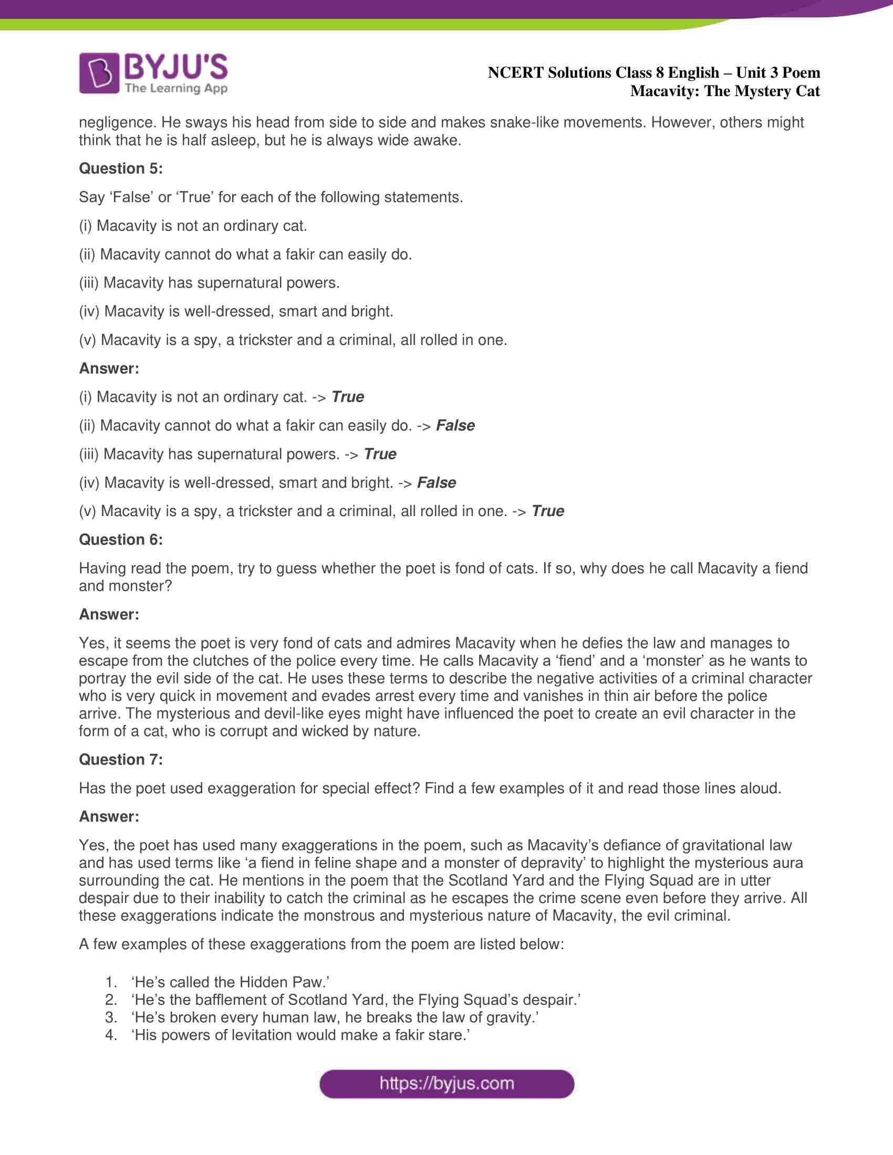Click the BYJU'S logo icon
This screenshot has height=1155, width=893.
tap(98, 73)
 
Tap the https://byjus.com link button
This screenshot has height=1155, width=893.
tap(446, 1084)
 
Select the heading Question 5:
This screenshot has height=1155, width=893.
tap(121, 168)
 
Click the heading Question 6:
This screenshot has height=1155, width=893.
tap(121, 539)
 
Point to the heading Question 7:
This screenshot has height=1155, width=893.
tap(121, 760)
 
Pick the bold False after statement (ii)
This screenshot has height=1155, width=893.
tap(455, 425)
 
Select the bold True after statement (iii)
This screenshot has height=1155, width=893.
tap(380, 454)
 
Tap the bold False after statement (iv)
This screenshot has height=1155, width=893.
tap(437, 482)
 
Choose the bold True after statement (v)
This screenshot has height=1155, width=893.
tap(547, 511)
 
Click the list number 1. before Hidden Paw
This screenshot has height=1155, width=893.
tap(111, 982)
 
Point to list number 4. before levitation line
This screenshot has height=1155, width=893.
tap(111, 1035)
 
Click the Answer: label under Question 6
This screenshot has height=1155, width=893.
tap(109, 615)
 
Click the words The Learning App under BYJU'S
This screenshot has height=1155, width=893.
tap(176, 88)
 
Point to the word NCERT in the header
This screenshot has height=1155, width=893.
tap(515, 72)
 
